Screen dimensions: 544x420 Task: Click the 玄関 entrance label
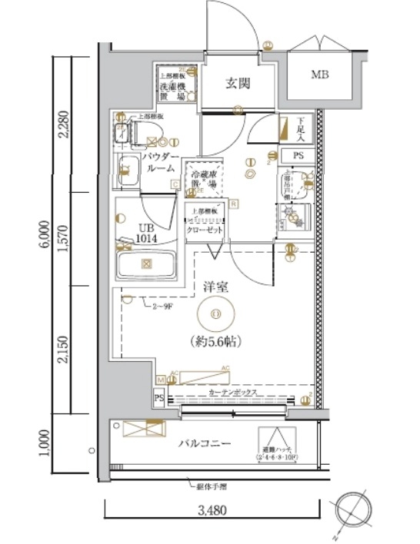point(238,83)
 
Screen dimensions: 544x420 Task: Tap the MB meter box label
point(318,75)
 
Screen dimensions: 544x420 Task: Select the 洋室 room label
point(218,287)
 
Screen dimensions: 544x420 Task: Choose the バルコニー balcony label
point(205,444)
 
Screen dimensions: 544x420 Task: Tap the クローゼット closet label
point(207,230)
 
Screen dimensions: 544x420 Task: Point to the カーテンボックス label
point(235,392)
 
